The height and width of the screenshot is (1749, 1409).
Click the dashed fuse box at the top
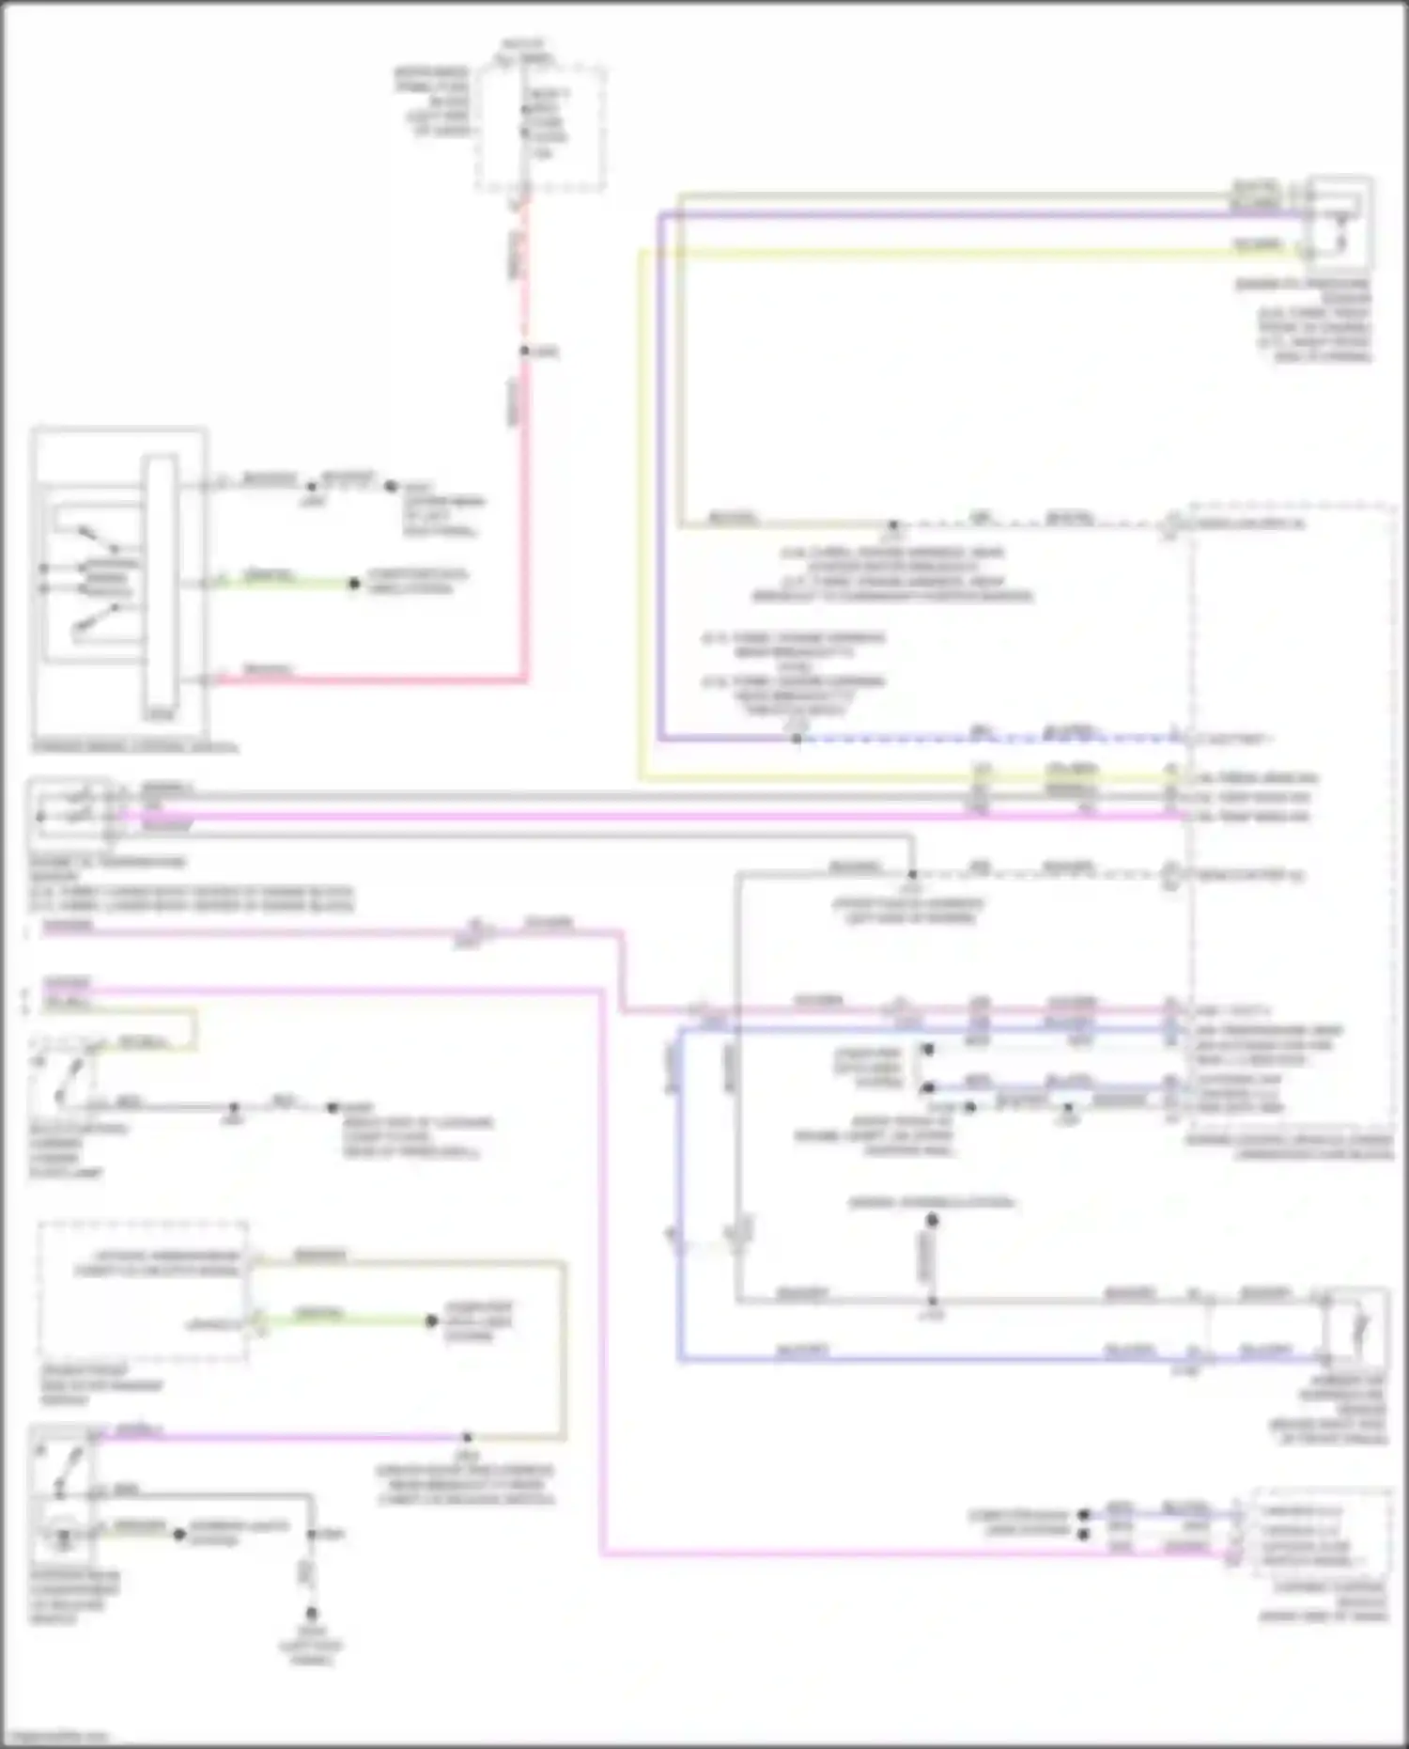[539, 128]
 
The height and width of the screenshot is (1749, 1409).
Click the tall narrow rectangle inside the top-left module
[160, 584]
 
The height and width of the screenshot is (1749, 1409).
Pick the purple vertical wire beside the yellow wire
[660, 470]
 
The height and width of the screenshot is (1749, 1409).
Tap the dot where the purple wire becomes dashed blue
[796, 739]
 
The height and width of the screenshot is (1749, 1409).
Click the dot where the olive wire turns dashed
[893, 524]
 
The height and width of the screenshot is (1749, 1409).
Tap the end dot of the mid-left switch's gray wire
[332, 1107]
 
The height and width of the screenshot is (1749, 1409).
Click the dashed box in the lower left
[143, 1289]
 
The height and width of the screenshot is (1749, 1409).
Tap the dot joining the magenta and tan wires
[467, 1437]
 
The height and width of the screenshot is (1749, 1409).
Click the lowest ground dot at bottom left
[311, 1613]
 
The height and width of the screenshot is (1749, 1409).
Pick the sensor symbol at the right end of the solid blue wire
[1355, 1327]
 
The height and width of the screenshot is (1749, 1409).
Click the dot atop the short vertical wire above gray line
[932, 1221]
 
